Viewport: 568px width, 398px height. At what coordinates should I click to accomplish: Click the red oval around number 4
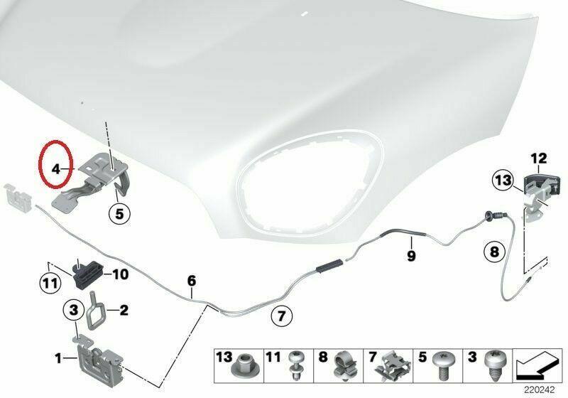40,163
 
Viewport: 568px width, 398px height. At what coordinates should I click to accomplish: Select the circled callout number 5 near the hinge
119,213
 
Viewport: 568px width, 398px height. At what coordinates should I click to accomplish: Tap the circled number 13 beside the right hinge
503,180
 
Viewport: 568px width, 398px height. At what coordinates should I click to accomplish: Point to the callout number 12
539,158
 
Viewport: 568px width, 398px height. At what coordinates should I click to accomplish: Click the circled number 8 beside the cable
494,251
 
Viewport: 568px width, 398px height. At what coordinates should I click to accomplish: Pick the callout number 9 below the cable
411,256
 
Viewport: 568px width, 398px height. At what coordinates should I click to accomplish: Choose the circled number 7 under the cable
282,316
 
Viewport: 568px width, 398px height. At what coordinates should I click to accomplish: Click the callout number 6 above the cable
192,280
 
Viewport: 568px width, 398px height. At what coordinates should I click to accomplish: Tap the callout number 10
121,274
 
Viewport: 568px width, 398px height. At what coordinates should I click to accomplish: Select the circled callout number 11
50,283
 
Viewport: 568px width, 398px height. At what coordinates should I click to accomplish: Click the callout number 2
124,311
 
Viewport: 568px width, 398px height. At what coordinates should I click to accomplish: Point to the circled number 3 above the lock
74,311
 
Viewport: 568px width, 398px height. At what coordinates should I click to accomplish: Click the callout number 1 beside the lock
58,359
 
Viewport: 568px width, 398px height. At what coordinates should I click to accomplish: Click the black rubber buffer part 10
88,274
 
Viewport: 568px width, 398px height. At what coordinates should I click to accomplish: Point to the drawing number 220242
540,390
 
